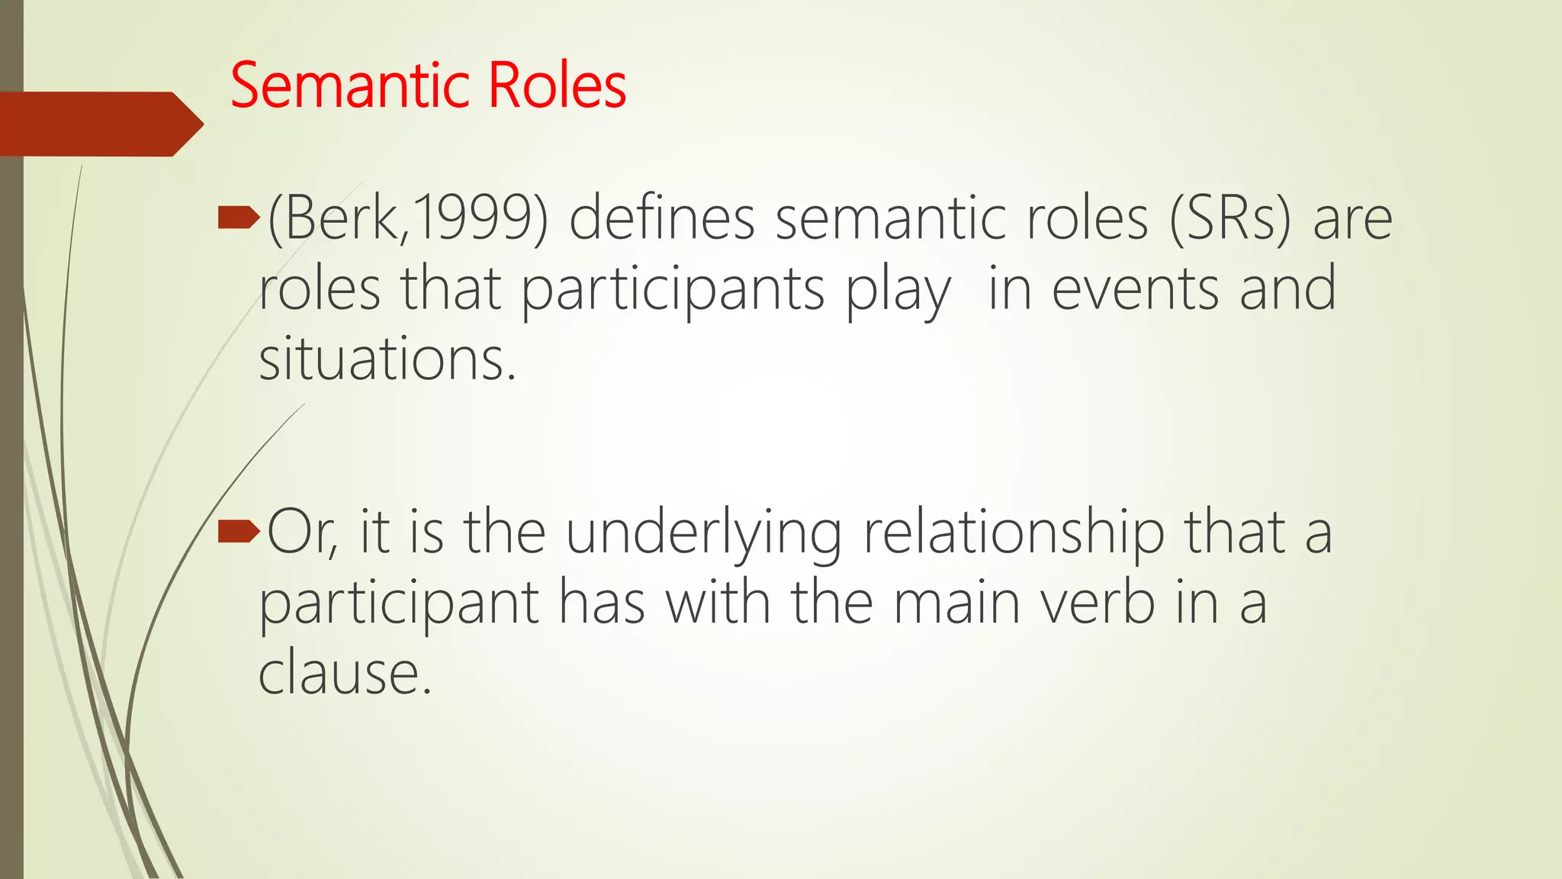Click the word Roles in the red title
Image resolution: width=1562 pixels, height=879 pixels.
click(x=557, y=85)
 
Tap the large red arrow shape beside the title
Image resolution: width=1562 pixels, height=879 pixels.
click(x=99, y=124)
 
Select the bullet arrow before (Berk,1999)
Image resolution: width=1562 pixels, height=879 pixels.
click(x=238, y=220)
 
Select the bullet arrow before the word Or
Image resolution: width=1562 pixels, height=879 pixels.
click(x=238, y=532)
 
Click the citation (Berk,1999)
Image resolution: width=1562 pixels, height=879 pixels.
click(x=407, y=220)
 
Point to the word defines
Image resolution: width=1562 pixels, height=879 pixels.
click(x=661, y=220)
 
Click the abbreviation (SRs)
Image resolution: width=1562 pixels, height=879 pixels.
click(x=1229, y=220)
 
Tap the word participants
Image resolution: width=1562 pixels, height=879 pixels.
click(x=673, y=291)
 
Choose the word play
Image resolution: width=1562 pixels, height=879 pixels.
click(x=898, y=291)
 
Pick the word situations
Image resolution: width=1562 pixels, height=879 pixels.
click(x=387, y=360)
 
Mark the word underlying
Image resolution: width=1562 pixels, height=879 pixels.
click(x=703, y=533)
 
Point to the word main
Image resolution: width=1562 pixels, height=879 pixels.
click(x=956, y=603)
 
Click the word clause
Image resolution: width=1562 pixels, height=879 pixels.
click(x=345, y=673)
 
